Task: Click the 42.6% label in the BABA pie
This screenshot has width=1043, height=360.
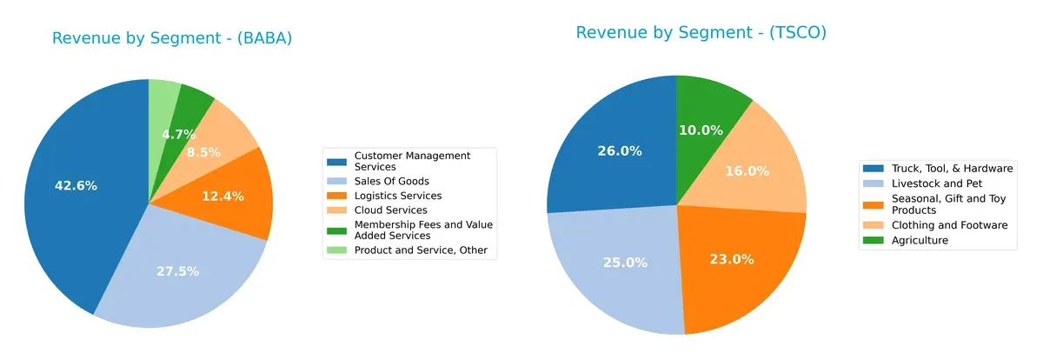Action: pyautogui.click(x=76, y=186)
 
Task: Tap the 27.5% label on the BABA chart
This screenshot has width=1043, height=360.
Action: pyautogui.click(x=178, y=271)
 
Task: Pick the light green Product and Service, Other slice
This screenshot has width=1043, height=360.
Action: pyautogui.click(x=163, y=96)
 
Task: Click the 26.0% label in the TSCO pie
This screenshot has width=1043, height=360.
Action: pyautogui.click(x=620, y=150)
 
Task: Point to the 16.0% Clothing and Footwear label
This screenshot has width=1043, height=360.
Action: pyautogui.click(x=747, y=171)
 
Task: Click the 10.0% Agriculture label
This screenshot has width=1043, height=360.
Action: pyautogui.click(x=701, y=130)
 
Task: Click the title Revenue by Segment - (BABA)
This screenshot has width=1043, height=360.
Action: pyautogui.click(x=171, y=38)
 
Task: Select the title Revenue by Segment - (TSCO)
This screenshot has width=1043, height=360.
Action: pyautogui.click(x=701, y=33)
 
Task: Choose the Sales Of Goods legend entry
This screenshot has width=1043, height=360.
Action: pyautogui.click(x=384, y=181)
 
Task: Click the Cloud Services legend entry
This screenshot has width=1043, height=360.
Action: pyautogui.click(x=390, y=210)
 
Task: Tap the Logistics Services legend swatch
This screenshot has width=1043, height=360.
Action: pyautogui.click(x=336, y=196)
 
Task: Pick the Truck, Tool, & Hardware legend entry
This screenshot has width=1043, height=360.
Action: pyautogui.click(x=946, y=168)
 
